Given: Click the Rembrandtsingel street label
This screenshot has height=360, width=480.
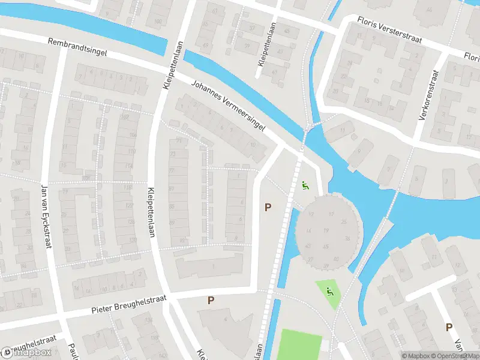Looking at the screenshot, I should point(78,47).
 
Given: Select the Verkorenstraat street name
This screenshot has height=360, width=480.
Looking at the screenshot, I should point(430,96).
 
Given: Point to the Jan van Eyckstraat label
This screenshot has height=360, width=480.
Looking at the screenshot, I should point(44,218).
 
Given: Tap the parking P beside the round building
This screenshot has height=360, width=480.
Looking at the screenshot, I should point(268,207).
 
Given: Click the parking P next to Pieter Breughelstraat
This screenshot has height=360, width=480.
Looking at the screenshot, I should point(211,300).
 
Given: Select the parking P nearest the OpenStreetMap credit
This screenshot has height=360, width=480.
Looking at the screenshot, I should point(448,327).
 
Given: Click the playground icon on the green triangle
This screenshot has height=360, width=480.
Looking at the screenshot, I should point(329,292).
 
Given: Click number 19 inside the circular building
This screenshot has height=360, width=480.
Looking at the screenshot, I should point(326,230).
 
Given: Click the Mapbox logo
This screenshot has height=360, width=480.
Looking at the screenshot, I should point(27,353).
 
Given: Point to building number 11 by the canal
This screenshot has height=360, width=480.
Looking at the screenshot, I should point(343,130).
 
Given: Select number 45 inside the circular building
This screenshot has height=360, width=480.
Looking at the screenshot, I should point(326,246).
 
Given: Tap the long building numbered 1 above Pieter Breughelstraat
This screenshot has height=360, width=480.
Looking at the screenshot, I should point(210,265).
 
